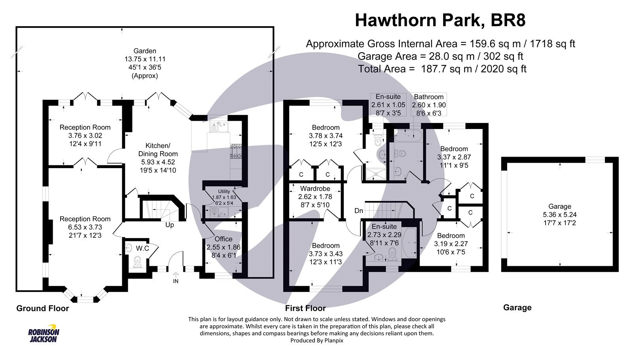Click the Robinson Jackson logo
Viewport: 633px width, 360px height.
pyautogui.click(x=44, y=335)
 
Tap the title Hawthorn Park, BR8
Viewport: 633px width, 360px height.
pyautogui.click(x=440, y=21)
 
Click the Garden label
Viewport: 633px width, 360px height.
pyautogui.click(x=144, y=51)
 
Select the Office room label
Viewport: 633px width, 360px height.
pyautogui.click(x=223, y=239)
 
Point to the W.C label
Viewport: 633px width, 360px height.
pyautogui.click(x=142, y=248)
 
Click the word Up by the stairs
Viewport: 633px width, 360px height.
pyautogui.click(x=169, y=225)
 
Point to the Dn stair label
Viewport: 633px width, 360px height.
pyautogui.click(x=358, y=211)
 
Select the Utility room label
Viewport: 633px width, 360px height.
pyautogui.click(x=224, y=191)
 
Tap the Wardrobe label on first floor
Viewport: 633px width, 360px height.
pyautogui.click(x=315, y=188)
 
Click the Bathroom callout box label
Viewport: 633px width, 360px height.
pyautogui.click(x=428, y=97)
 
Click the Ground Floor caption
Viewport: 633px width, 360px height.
pyautogui.click(x=42, y=309)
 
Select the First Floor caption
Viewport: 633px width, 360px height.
pyautogui.click(x=305, y=309)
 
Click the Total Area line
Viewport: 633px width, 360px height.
pyautogui.click(x=442, y=69)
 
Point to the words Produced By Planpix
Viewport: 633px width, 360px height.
pyautogui.click(x=316, y=340)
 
